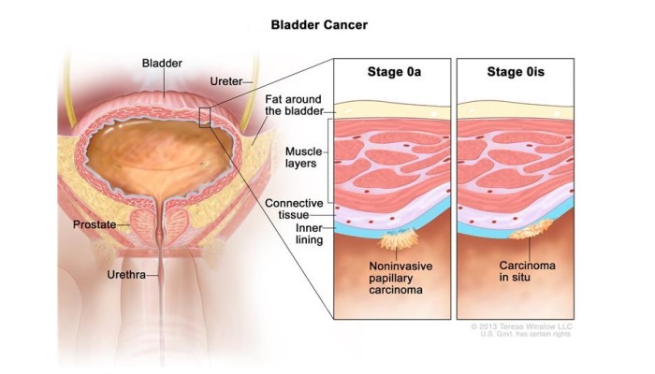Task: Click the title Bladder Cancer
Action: point(319,25)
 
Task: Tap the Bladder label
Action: point(162,64)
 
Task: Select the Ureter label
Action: point(226,81)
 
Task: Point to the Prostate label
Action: point(95,224)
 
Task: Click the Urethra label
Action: point(126,275)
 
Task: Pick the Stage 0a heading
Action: point(394,72)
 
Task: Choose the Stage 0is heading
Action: point(516,72)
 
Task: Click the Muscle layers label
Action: point(304,157)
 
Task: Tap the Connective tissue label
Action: point(294,209)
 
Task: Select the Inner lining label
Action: point(309,234)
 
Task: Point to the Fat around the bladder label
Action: point(294,105)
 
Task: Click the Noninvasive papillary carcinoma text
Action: point(400,278)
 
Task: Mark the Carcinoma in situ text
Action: point(527,271)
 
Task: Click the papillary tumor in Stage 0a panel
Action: point(398,239)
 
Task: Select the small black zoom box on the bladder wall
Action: point(205,117)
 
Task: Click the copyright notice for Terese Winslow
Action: point(522,330)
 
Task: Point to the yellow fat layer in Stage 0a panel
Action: point(393,110)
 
